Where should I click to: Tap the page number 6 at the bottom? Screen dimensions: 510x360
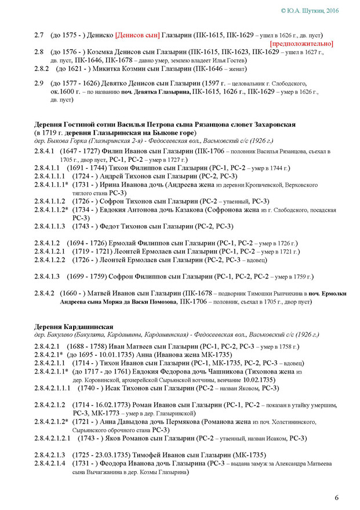click(x=336, y=497)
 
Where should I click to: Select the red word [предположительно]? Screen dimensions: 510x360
click(x=301, y=44)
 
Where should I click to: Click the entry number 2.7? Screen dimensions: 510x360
click(x=39, y=34)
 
